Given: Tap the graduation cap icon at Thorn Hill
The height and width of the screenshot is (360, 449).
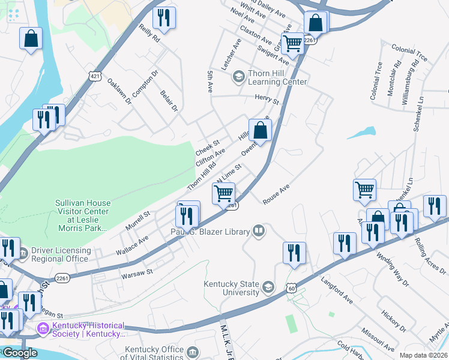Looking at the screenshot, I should click(x=238, y=76).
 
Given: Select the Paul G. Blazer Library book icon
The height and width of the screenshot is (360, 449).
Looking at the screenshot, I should click(x=259, y=230).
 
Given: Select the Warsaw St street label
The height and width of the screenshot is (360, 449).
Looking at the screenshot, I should click(x=137, y=272).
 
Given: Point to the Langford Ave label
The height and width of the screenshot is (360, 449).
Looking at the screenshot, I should click(x=336, y=289).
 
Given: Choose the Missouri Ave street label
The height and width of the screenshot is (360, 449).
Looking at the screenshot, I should click(x=377, y=339).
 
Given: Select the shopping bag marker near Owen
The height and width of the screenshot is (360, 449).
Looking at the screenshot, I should click(x=260, y=130).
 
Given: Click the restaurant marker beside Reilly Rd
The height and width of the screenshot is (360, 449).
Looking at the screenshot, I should click(x=164, y=18).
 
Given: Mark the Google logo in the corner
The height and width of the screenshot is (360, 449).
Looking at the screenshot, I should click(x=19, y=353).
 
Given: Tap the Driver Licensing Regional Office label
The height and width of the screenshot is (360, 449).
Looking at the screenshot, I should click(x=61, y=254).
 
